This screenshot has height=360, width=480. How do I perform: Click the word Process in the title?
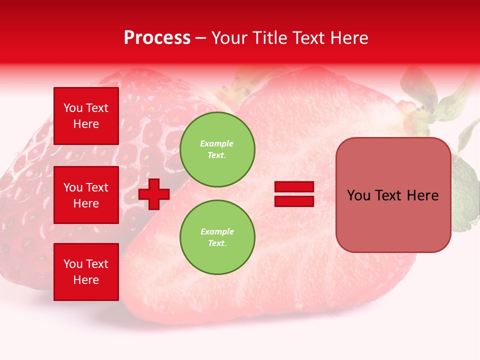[x=157, y=38]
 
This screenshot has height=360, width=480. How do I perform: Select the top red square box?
[x=86, y=116]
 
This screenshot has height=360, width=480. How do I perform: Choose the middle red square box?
[x=86, y=195]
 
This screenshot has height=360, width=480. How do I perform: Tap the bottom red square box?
[x=86, y=272]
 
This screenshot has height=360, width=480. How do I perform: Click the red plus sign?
[x=154, y=194]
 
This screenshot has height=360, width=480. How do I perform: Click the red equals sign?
[x=294, y=194]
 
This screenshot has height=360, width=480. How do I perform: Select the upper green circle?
[x=217, y=149]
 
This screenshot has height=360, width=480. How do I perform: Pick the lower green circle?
[x=217, y=237]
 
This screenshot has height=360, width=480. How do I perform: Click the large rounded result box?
[x=393, y=195]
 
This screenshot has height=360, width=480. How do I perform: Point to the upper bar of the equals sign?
[x=294, y=187]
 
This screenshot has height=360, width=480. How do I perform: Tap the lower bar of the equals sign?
[x=294, y=201]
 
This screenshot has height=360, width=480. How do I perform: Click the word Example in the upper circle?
[x=217, y=143]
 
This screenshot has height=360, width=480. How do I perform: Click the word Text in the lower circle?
[x=216, y=243]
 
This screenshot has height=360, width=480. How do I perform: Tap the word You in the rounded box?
[x=359, y=195]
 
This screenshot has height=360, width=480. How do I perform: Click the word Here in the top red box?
[x=86, y=124]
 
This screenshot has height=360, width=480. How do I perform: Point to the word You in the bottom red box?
[x=73, y=264]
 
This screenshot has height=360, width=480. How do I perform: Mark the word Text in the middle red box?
[x=97, y=187]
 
